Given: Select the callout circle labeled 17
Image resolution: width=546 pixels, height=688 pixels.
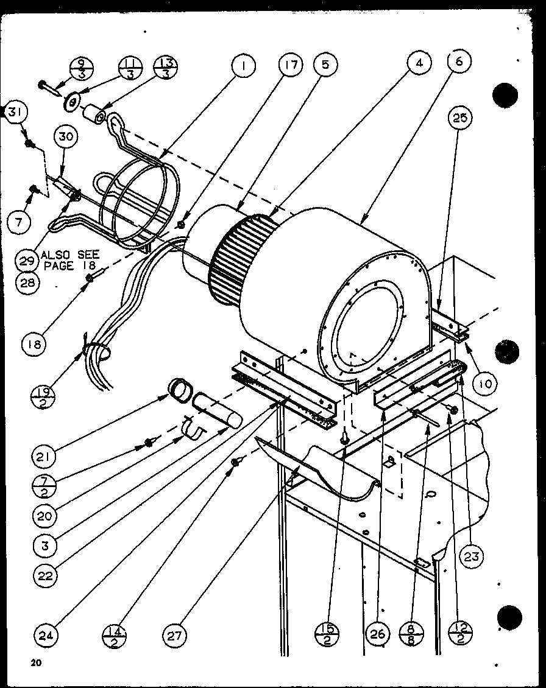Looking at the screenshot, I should coord(291,66).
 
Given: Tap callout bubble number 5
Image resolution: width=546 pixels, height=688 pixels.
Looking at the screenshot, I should coord(325,66).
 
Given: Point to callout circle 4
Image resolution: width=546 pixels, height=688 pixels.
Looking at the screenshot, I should coord(420,63).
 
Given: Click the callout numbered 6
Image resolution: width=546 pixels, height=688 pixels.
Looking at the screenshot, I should coord(459,61).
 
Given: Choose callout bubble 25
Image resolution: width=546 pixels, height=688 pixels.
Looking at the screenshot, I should coord(461,119).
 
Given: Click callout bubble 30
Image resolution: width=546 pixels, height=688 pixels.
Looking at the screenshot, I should coord(66,137).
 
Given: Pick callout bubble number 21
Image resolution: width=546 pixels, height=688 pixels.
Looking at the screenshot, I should coord(44,456).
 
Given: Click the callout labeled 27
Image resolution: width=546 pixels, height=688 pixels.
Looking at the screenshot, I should coord(175,636).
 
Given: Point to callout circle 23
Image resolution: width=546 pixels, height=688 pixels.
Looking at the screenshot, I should coord(472,556).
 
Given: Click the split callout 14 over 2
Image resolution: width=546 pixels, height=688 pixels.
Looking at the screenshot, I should coord(114,636).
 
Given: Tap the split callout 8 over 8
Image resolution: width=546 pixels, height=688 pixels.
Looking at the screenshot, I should coord(411,636).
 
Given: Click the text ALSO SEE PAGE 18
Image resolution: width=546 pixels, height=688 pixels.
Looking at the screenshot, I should coord(69,261).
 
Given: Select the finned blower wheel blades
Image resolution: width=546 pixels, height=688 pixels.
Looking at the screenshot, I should coord(238,256).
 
